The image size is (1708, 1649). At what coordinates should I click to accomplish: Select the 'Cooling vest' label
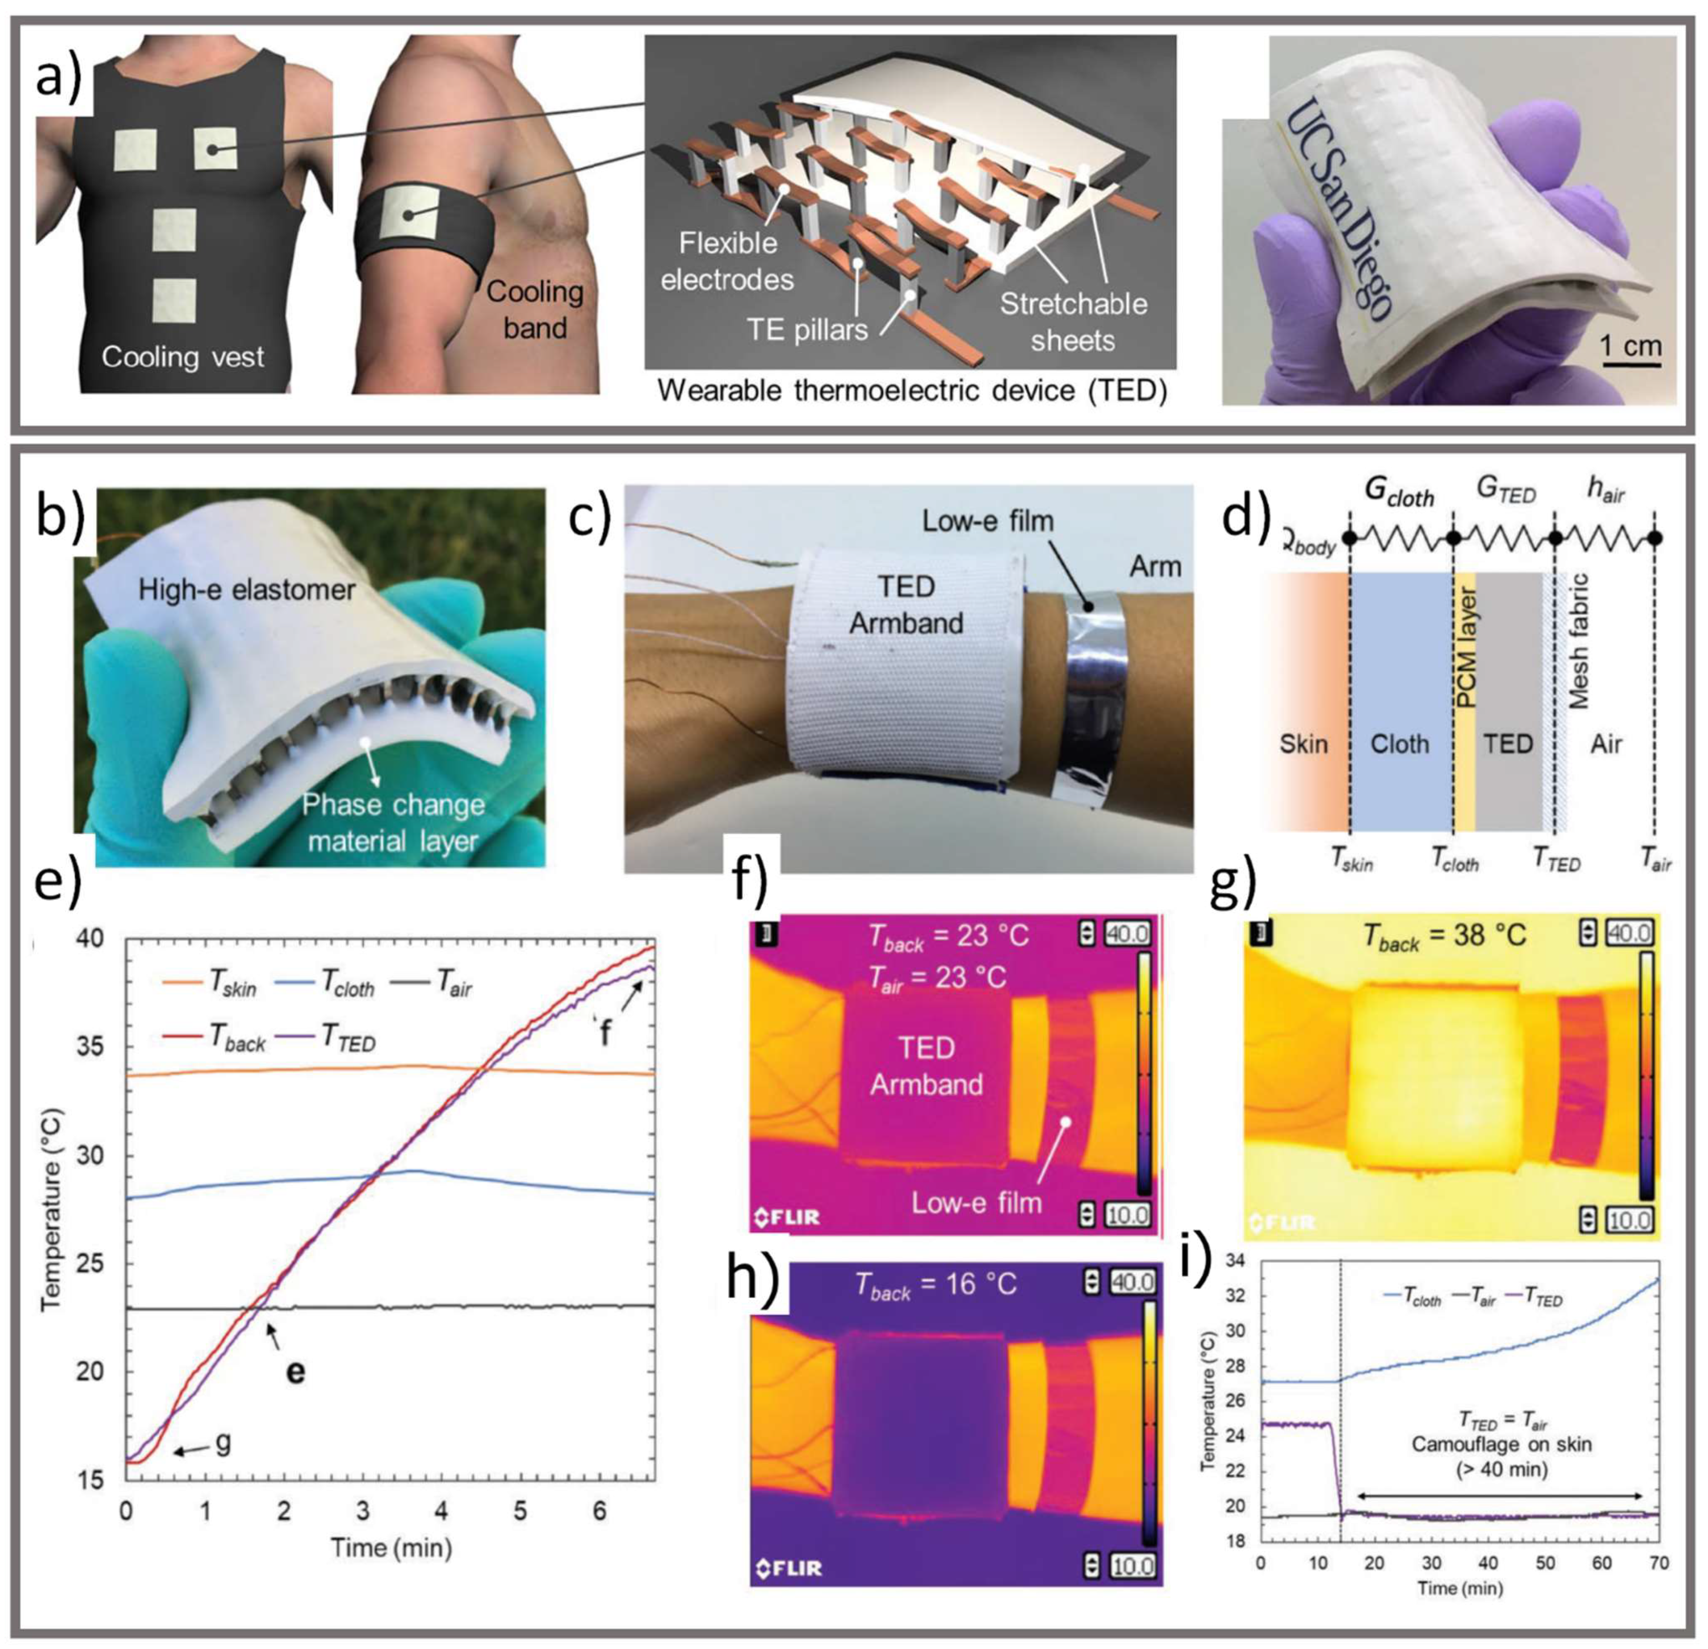(182, 356)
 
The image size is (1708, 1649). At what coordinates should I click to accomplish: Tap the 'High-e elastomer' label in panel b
(247, 590)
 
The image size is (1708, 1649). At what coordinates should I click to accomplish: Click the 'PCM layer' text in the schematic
(1466, 646)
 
